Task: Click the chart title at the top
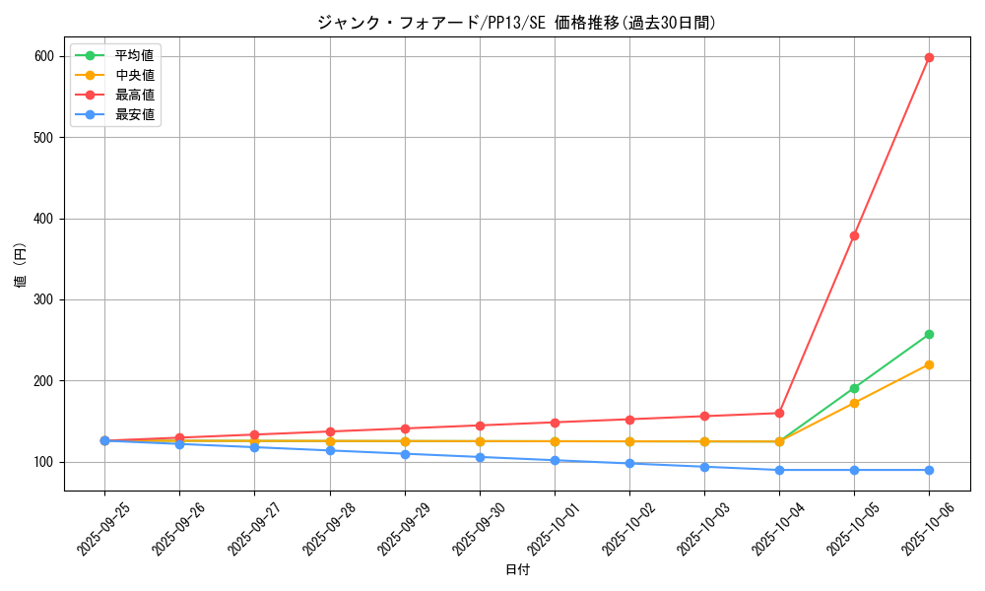tap(516, 23)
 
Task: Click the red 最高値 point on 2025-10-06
tap(929, 57)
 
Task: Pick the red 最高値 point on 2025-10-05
tap(854, 235)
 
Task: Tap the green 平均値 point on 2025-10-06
tap(929, 335)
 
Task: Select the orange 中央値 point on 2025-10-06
tap(929, 364)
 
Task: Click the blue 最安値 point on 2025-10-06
tap(929, 470)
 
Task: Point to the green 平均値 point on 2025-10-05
tap(854, 388)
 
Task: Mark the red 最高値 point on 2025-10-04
tap(779, 413)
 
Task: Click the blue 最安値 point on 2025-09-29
tap(405, 454)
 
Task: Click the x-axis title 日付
tap(516, 570)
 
